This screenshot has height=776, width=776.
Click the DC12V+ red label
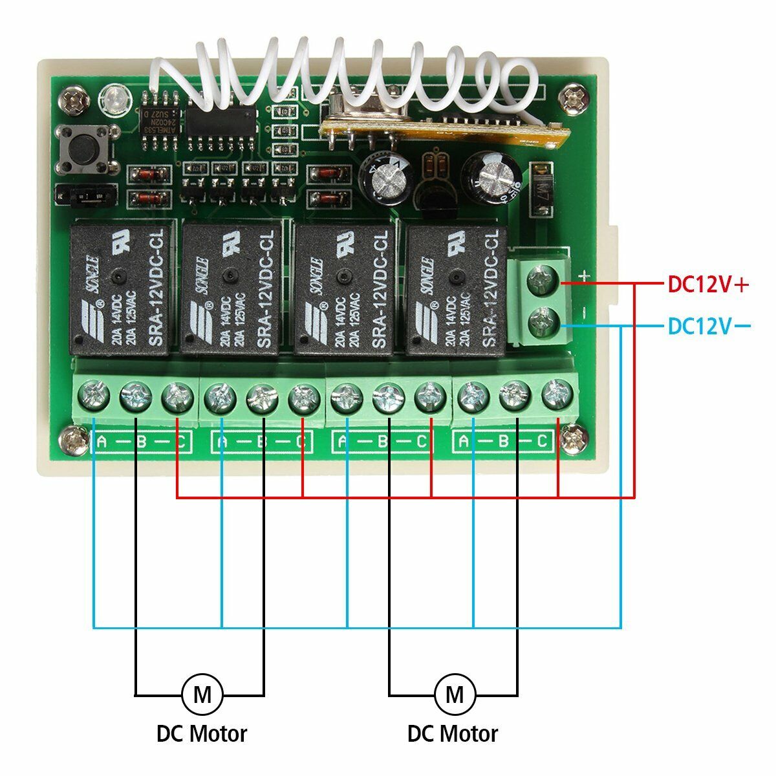tap(707, 285)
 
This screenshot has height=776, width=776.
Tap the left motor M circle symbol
tap(202, 695)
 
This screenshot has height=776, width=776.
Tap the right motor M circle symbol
tap(455, 695)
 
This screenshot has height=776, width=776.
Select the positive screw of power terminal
tap(542, 283)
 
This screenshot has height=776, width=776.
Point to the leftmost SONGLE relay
tap(120, 287)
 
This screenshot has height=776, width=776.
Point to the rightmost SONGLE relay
tap(457, 287)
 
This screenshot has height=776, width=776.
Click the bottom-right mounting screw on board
tap(572, 440)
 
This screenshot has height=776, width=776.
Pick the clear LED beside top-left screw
tap(111, 99)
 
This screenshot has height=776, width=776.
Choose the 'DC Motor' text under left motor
tap(202, 734)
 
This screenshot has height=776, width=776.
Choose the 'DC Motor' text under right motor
tap(453, 734)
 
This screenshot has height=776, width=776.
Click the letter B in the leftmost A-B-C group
tap(136, 442)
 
